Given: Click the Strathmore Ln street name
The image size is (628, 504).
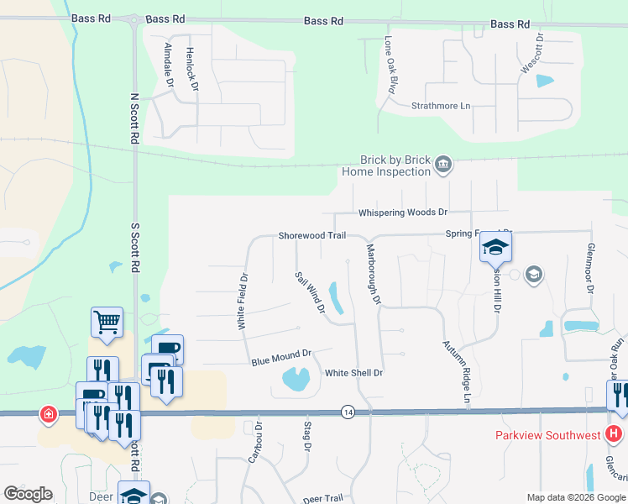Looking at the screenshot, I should [441, 106].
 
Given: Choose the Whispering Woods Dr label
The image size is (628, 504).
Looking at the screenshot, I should [403, 213].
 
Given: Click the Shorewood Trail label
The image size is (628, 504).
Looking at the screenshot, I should [311, 236].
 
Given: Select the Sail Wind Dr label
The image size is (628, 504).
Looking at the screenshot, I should [310, 292].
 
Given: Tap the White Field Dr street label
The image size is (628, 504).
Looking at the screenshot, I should [242, 300].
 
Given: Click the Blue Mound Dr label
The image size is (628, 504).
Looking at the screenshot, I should [281, 358].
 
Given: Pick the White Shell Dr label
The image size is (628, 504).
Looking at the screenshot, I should [353, 373].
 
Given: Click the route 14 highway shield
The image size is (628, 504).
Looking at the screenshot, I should [348, 412].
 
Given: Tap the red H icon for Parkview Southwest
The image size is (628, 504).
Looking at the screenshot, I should [614, 434].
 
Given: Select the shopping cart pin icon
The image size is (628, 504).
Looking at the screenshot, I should [107, 321].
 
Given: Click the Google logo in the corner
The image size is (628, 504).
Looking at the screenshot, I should [28, 494].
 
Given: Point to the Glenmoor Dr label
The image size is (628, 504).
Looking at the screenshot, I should [590, 272].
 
